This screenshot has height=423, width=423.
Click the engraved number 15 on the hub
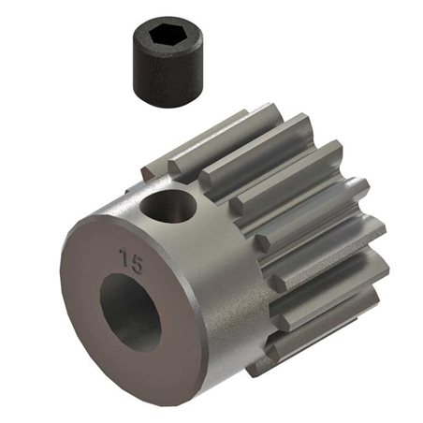click(131, 260)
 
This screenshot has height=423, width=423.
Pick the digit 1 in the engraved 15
click(124, 259)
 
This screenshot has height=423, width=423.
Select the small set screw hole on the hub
click(174, 205)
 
